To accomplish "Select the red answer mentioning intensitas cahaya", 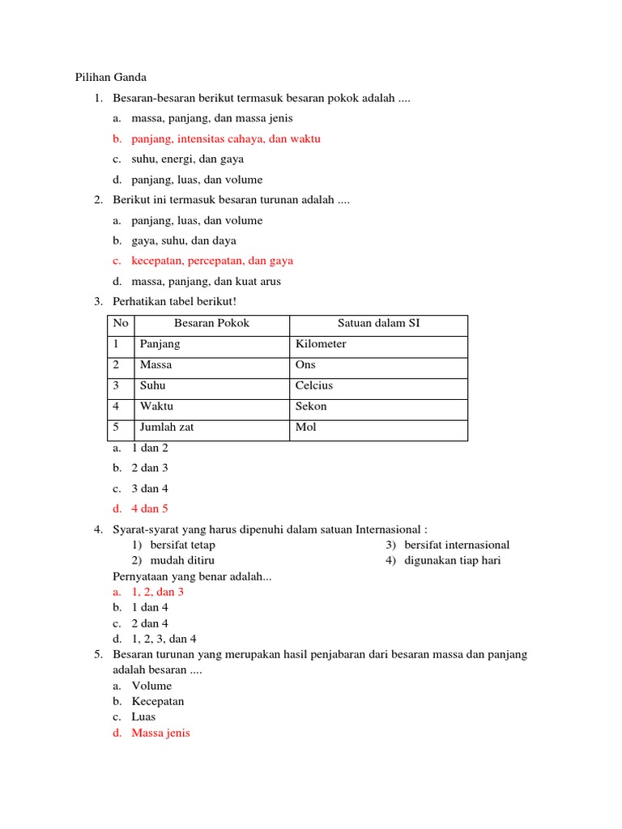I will pyautogui.click(x=226, y=138).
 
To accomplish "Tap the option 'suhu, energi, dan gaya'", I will pyautogui.click(x=187, y=159).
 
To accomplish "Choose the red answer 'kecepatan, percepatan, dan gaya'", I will pyautogui.click(x=212, y=261).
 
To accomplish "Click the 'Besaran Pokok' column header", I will pyautogui.click(x=212, y=323).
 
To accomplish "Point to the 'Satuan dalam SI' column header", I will pyautogui.click(x=378, y=323).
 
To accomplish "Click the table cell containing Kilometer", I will pyautogui.click(x=321, y=344).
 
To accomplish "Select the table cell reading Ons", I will pyautogui.click(x=306, y=365).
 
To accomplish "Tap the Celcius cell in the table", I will pyautogui.click(x=314, y=385).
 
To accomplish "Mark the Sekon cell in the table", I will pyautogui.click(x=311, y=406).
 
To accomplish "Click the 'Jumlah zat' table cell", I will pyautogui.click(x=167, y=427).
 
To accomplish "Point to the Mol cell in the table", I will pyautogui.click(x=306, y=427).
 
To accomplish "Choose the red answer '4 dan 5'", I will pyautogui.click(x=150, y=508).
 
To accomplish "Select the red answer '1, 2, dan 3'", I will pyautogui.click(x=158, y=592).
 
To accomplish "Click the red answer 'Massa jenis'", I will pyautogui.click(x=160, y=733).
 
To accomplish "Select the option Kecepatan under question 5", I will pyautogui.click(x=158, y=701).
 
